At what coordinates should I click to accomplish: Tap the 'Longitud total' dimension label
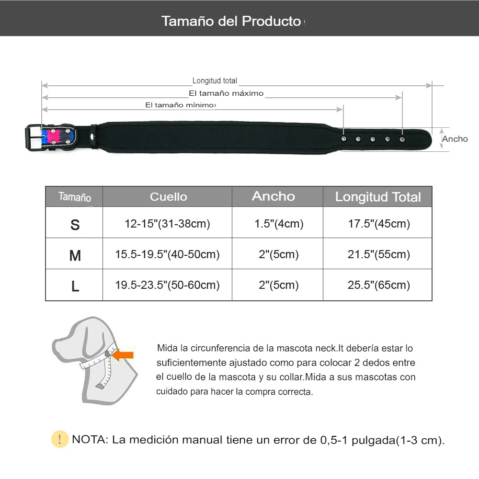pyautogui.click(x=215, y=81)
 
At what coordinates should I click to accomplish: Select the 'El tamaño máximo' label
pyautogui.click(x=226, y=93)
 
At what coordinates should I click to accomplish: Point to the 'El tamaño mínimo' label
pyautogui.click(x=180, y=105)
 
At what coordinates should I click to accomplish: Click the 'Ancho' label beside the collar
pyautogui.click(x=455, y=139)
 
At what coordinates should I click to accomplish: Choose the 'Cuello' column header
pyautogui.click(x=168, y=196)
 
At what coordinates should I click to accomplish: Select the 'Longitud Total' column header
pyautogui.click(x=377, y=197)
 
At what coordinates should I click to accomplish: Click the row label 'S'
pyautogui.click(x=75, y=225)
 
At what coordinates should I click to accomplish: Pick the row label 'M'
pyautogui.click(x=75, y=256)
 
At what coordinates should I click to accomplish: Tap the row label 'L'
pyautogui.click(x=75, y=286)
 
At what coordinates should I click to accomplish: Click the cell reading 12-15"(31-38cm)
pyautogui.click(x=167, y=224)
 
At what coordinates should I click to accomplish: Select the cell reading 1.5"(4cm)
pyautogui.click(x=278, y=224)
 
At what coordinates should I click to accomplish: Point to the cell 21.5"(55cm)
pyautogui.click(x=378, y=254)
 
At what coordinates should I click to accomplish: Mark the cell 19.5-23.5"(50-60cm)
pyautogui.click(x=167, y=285)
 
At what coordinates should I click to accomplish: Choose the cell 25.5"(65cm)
pyautogui.click(x=378, y=285)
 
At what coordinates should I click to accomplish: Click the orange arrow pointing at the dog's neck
pyautogui.click(x=124, y=355)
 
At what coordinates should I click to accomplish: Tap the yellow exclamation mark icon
pyautogui.click(x=60, y=439)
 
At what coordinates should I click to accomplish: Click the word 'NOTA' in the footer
pyautogui.click(x=90, y=440)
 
